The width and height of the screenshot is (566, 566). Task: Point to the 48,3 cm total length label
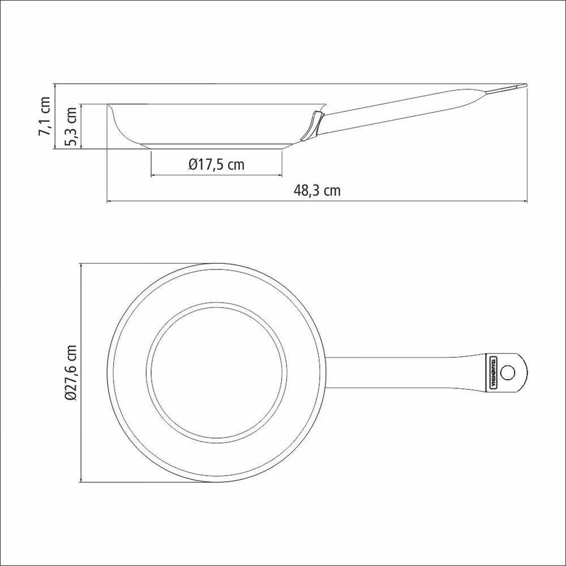(x=317, y=190)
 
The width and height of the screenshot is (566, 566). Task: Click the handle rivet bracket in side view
(x=313, y=125)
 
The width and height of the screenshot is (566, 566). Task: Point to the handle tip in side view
(x=524, y=86)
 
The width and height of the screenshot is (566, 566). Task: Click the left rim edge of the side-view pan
(x=108, y=105)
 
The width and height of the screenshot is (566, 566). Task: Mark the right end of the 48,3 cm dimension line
(x=528, y=201)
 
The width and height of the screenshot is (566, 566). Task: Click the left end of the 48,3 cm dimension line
(x=107, y=201)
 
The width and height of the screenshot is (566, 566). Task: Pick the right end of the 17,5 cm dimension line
(x=283, y=176)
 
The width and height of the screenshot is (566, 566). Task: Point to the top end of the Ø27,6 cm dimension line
(x=83, y=264)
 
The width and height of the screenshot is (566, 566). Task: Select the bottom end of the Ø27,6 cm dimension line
(x=83, y=482)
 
